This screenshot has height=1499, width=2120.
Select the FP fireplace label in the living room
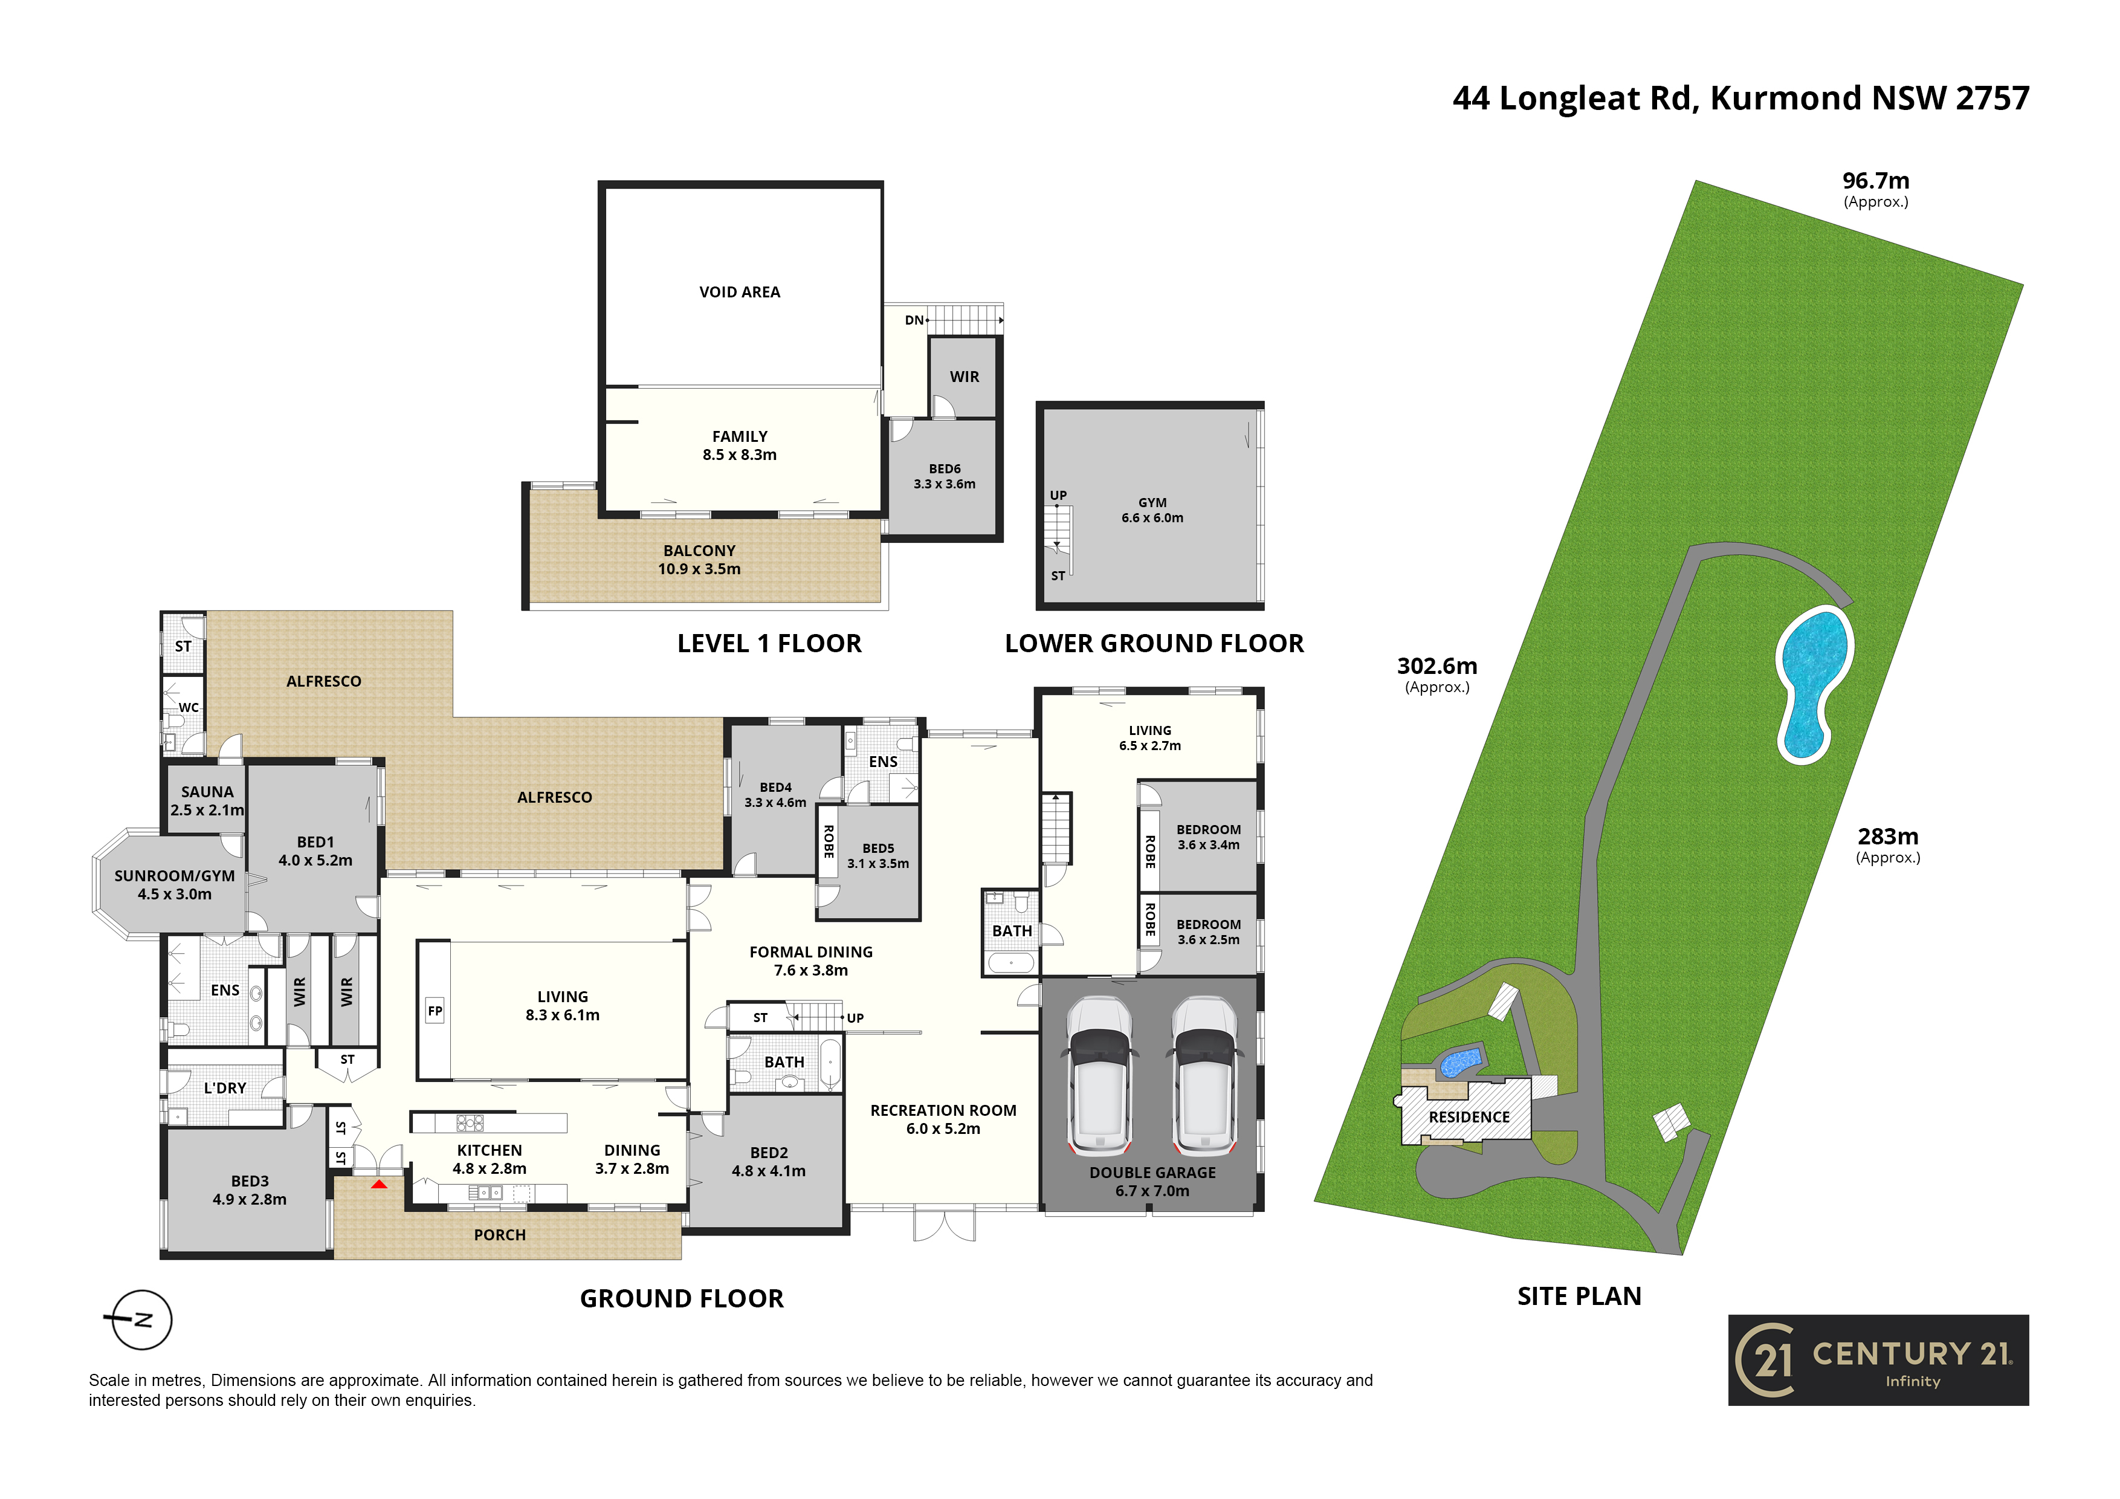click(435, 1011)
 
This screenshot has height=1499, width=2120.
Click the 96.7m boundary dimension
click(1876, 181)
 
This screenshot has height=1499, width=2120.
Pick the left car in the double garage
click(1100, 1075)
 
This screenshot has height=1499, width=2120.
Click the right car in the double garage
click(1204, 1075)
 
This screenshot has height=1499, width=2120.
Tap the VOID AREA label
click(740, 292)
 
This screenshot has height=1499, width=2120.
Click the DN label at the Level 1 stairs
click(914, 320)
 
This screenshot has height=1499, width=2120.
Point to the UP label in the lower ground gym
click(1058, 495)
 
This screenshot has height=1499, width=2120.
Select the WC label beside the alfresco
click(189, 707)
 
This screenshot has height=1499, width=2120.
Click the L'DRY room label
click(225, 1088)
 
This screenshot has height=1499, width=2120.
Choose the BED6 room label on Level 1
click(945, 469)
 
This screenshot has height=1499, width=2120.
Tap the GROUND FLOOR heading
click(682, 1298)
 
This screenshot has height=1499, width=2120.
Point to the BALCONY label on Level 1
click(699, 551)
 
